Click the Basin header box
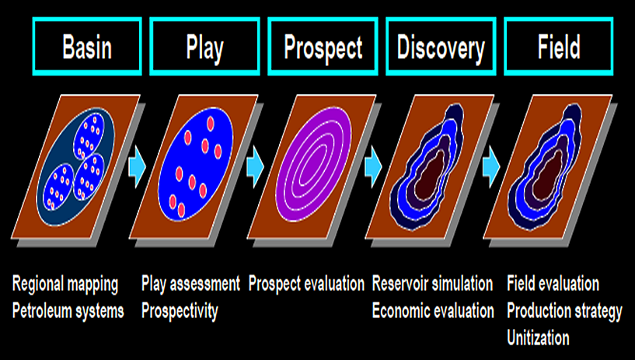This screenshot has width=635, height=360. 86,47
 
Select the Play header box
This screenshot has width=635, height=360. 204,47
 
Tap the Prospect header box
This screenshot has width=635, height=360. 323,47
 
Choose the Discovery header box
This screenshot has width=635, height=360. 441,47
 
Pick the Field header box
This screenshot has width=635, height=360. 558,47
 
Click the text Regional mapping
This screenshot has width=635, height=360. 65,285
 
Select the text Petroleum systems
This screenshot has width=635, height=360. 68,311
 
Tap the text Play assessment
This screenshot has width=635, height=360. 190,285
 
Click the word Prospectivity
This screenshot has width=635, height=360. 180,311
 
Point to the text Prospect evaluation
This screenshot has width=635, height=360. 306,285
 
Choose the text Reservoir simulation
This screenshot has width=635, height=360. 432,285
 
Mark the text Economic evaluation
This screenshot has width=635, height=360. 433,311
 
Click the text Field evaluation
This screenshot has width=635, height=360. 553,285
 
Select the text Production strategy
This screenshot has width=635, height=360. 564,311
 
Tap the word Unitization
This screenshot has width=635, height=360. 538,338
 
